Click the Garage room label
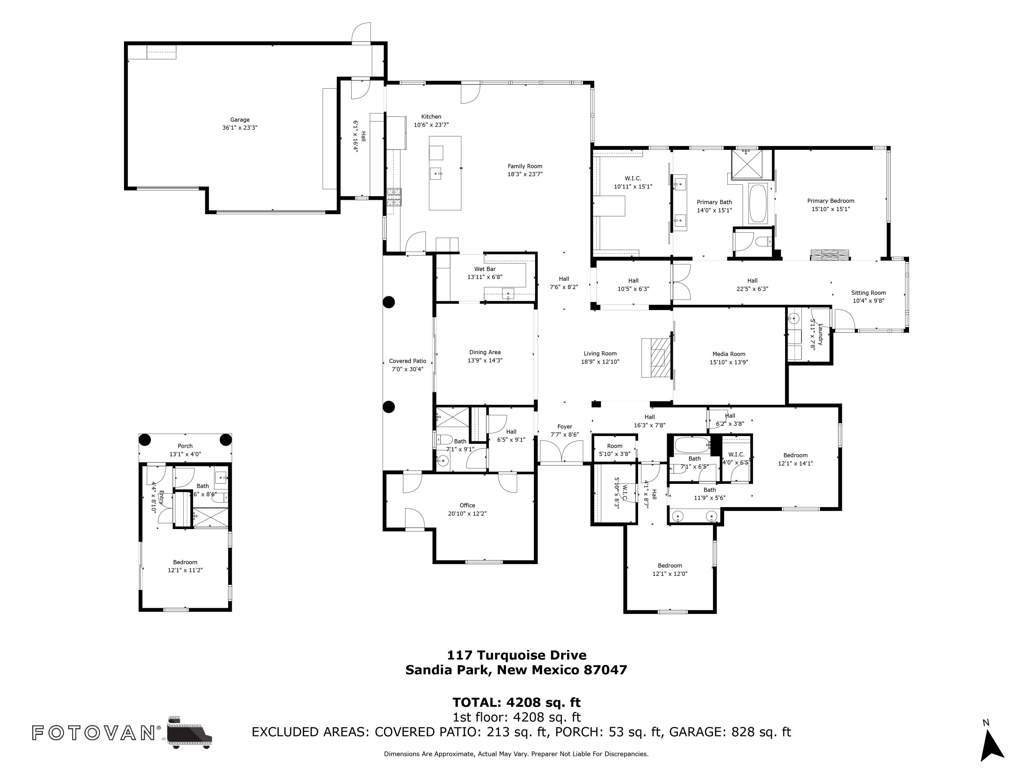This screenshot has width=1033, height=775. [x=240, y=120]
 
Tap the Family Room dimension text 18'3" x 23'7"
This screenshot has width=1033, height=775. [x=525, y=174]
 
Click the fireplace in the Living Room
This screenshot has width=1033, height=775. [x=657, y=358]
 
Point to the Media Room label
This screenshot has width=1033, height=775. [x=729, y=354]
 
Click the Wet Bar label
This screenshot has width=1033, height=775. [x=485, y=269]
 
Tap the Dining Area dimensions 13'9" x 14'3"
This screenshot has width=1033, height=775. [x=485, y=361]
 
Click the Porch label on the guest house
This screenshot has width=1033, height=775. [x=185, y=446]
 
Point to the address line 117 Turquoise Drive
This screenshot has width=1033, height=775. [x=516, y=655]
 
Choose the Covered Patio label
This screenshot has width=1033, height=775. [x=407, y=361]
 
